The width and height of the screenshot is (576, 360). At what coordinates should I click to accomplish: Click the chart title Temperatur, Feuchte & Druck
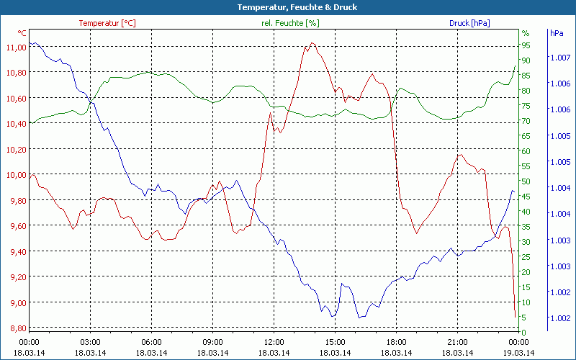(288, 7)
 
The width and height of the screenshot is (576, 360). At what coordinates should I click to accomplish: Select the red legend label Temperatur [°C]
(107, 23)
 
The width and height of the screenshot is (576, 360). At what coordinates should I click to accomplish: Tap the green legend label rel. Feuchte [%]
(290, 23)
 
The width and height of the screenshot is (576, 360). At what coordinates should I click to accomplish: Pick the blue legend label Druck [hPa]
(469, 23)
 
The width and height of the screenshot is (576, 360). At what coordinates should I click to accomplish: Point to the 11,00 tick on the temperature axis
(16, 47)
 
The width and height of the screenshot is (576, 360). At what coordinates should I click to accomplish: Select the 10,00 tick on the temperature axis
(16, 175)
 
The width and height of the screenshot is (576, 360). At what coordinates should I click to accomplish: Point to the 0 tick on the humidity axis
(523, 332)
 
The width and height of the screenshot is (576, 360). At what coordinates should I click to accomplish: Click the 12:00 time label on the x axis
(274, 342)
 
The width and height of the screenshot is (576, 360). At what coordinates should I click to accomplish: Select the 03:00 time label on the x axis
(91, 342)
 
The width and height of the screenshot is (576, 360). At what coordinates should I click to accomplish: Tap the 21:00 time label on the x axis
(458, 342)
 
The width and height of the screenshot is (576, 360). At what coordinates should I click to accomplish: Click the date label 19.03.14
(519, 353)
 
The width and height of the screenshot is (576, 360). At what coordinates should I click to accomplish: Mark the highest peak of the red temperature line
(312, 43)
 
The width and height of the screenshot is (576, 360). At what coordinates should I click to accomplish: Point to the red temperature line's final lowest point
(515, 317)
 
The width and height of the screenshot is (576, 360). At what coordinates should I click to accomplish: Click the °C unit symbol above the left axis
(22, 33)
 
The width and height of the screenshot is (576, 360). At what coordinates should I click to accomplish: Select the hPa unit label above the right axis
(557, 33)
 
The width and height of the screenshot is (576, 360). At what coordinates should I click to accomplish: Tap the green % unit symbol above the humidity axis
(526, 33)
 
